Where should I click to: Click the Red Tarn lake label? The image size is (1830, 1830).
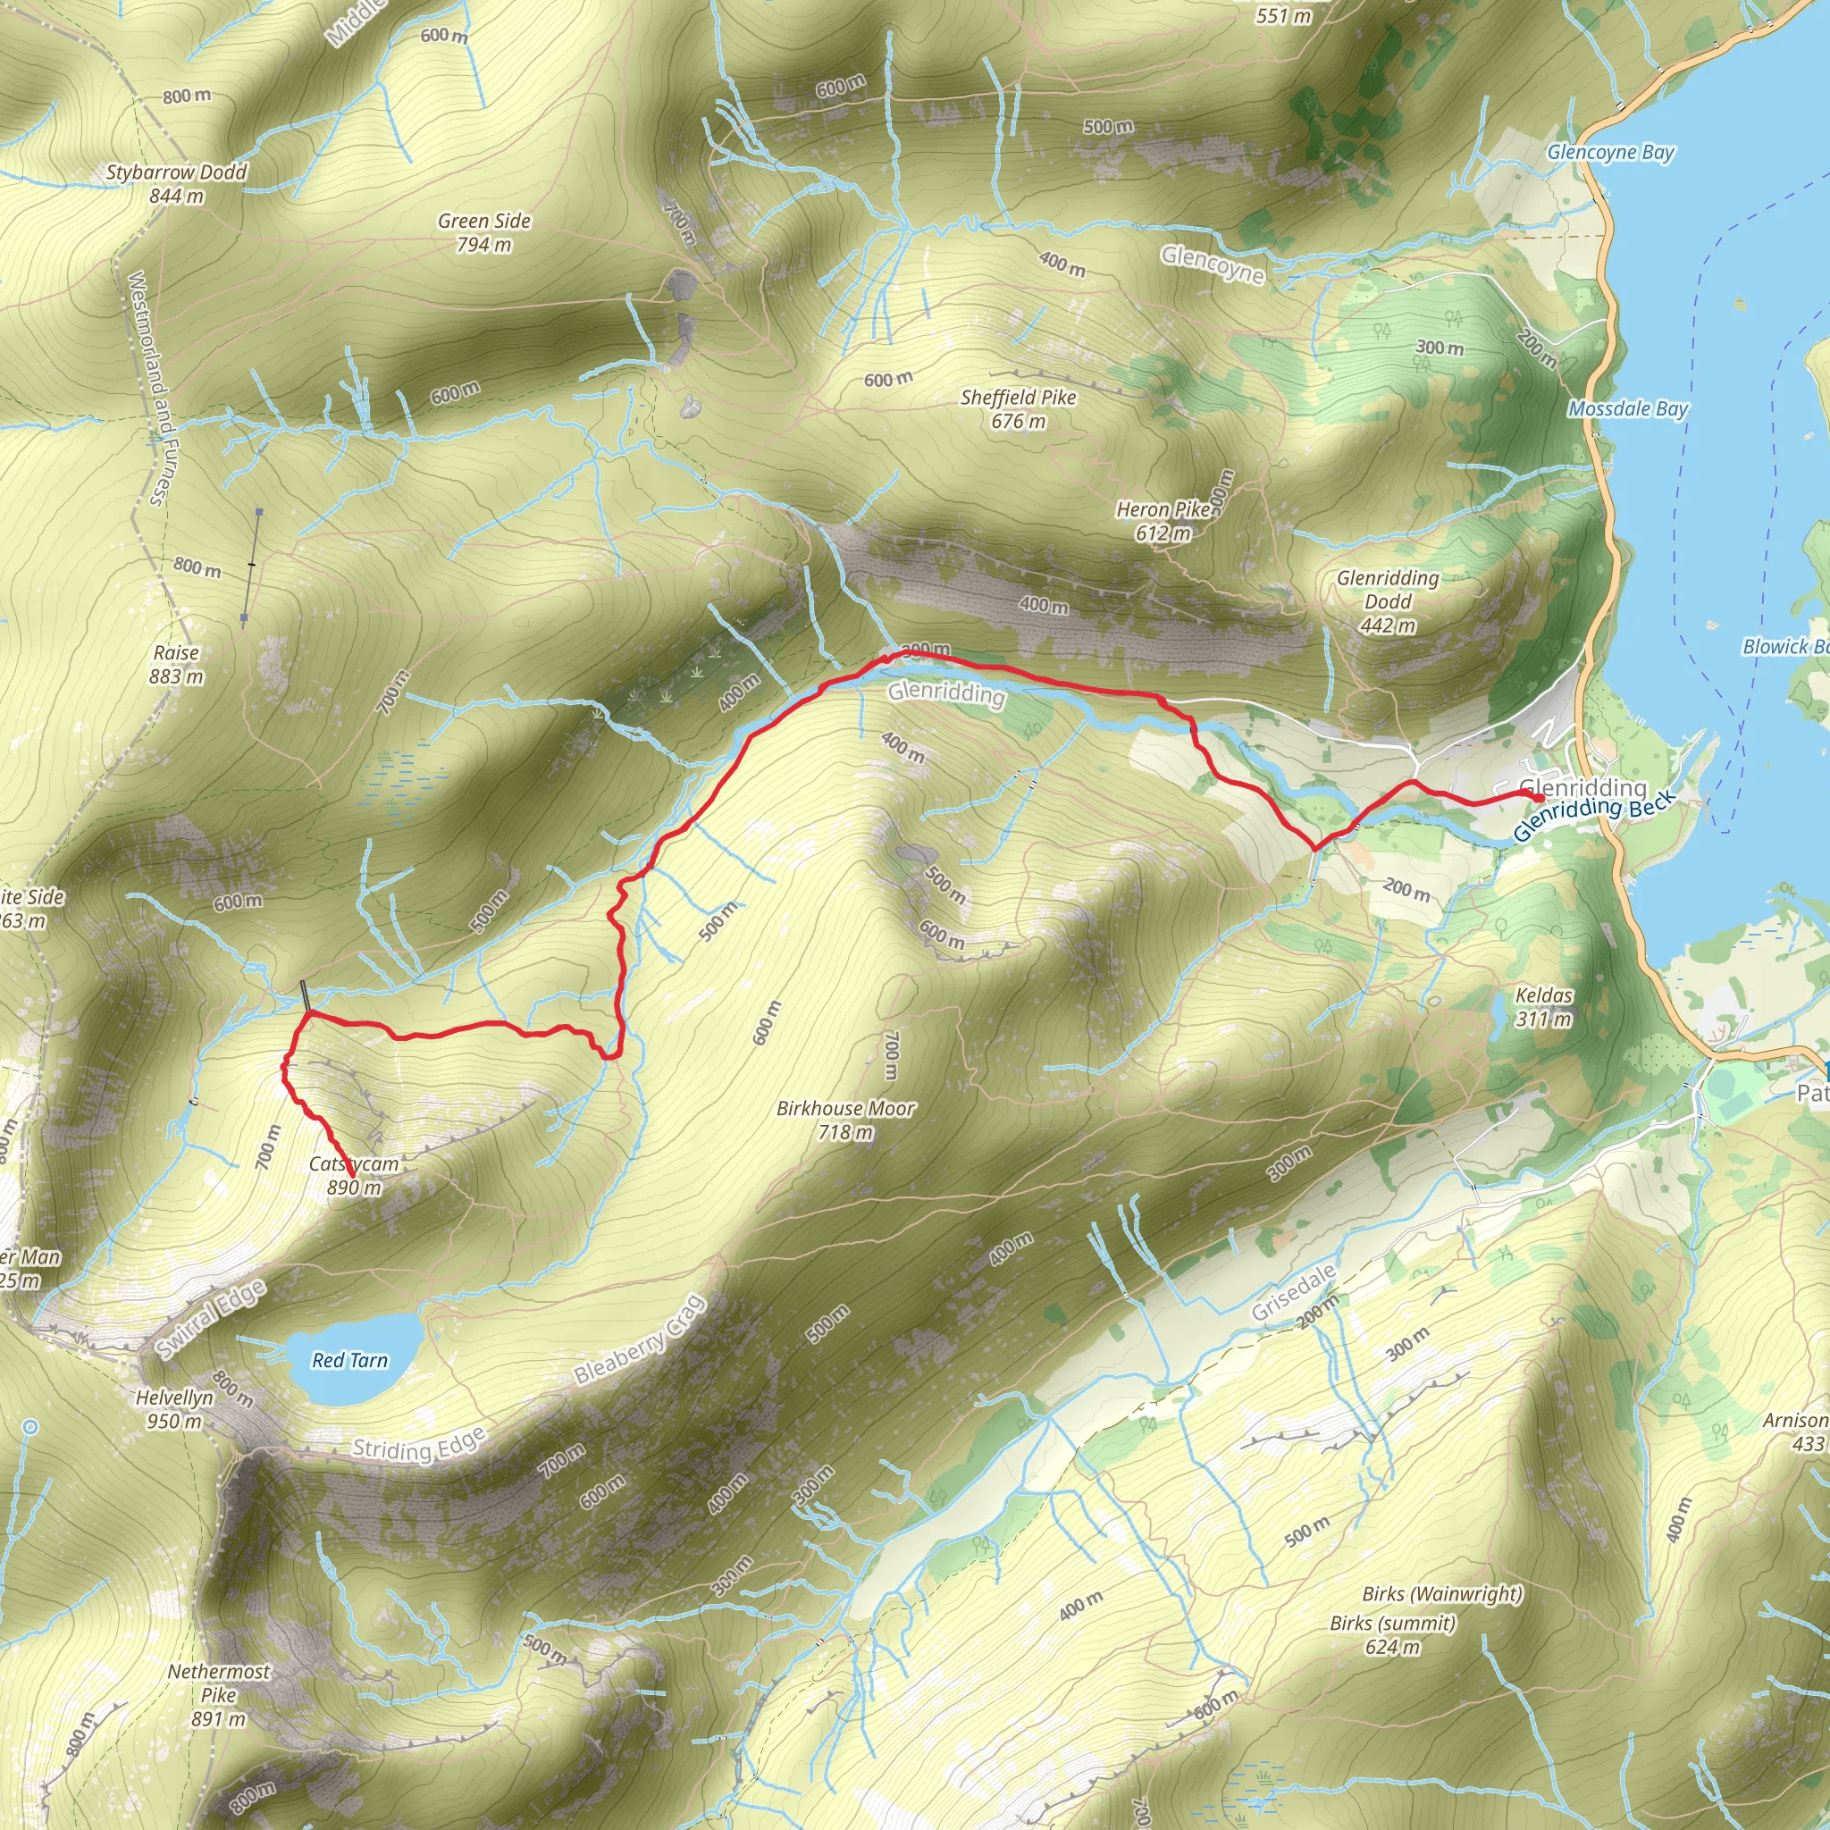[x=349, y=1361]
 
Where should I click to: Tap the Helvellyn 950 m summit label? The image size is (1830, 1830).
[x=174, y=1408]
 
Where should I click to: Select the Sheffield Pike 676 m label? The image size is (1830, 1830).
[x=1019, y=409]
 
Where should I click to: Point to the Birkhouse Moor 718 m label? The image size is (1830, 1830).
[x=845, y=1120]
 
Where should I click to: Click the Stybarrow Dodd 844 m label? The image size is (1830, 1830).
[x=176, y=184]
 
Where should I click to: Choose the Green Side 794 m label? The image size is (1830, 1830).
[x=484, y=232]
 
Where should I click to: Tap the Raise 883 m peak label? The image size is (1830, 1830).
[x=176, y=664]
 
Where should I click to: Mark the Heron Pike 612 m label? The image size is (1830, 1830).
[x=1163, y=521]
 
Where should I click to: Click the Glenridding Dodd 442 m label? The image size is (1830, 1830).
[x=1388, y=601]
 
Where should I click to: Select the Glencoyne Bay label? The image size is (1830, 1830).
[x=1610, y=152]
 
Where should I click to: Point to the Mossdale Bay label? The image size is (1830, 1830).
[x=1627, y=408]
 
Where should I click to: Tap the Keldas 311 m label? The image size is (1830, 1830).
[x=1544, y=1007]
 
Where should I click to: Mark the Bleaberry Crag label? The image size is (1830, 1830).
[x=642, y=1339]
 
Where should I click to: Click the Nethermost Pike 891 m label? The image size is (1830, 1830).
[x=219, y=1695]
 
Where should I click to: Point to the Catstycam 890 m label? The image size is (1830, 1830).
[x=354, y=1176]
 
